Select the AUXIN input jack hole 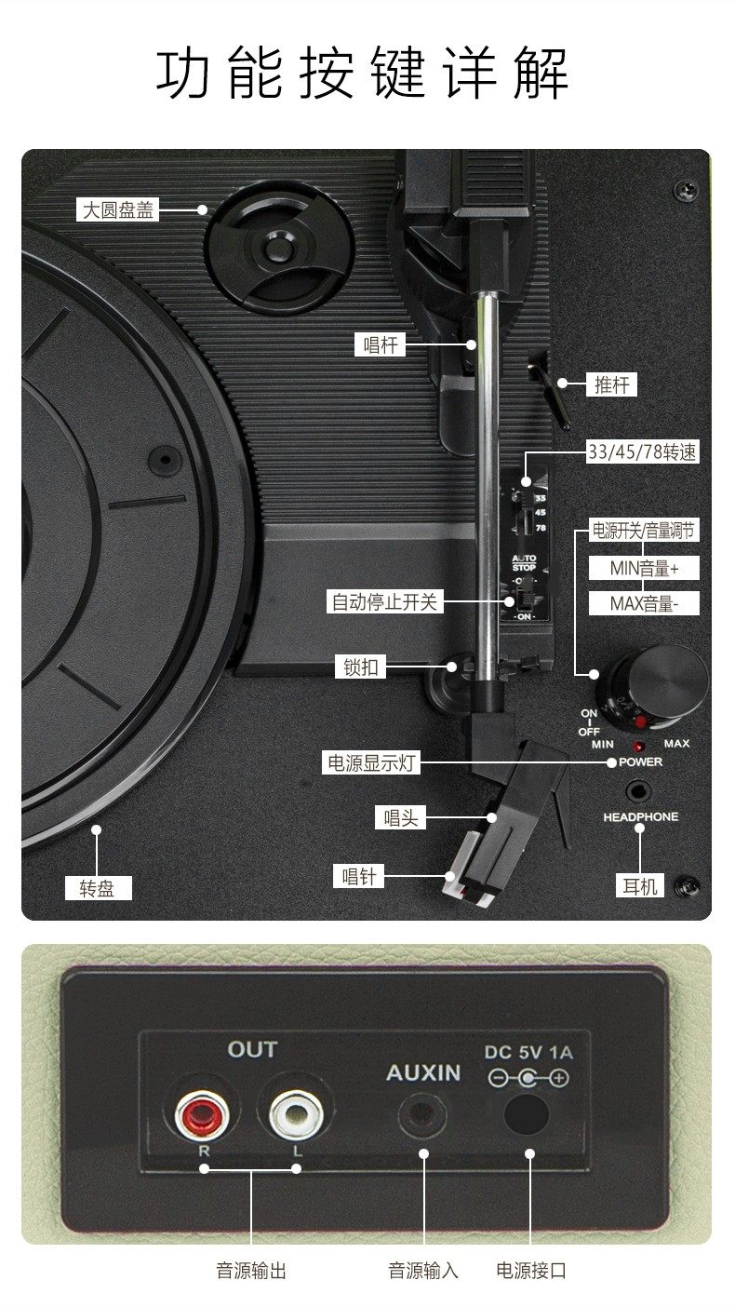tap(423, 1115)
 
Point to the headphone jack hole tap(639, 791)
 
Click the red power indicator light tap(640, 747)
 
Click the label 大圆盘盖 tap(118, 209)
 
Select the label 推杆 tap(612, 384)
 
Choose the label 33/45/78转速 tap(642, 452)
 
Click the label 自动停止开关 tap(384, 601)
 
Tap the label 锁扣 tap(360, 667)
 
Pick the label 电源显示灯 tap(370, 763)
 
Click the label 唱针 tap(358, 876)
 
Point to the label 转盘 tap(97, 888)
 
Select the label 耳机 tap(640, 886)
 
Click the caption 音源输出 tap(251, 1271)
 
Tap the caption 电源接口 tap(531, 1271)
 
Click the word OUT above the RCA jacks tap(252, 1049)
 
